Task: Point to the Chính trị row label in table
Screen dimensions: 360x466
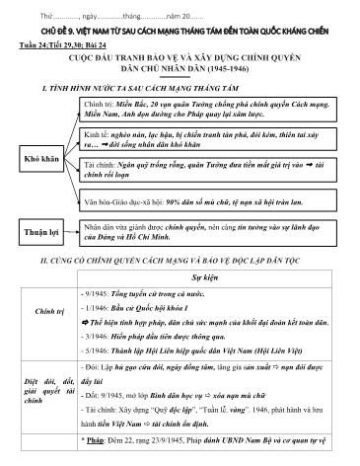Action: [x=42, y=337]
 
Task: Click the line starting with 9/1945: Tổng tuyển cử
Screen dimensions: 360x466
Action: [x=138, y=296]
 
